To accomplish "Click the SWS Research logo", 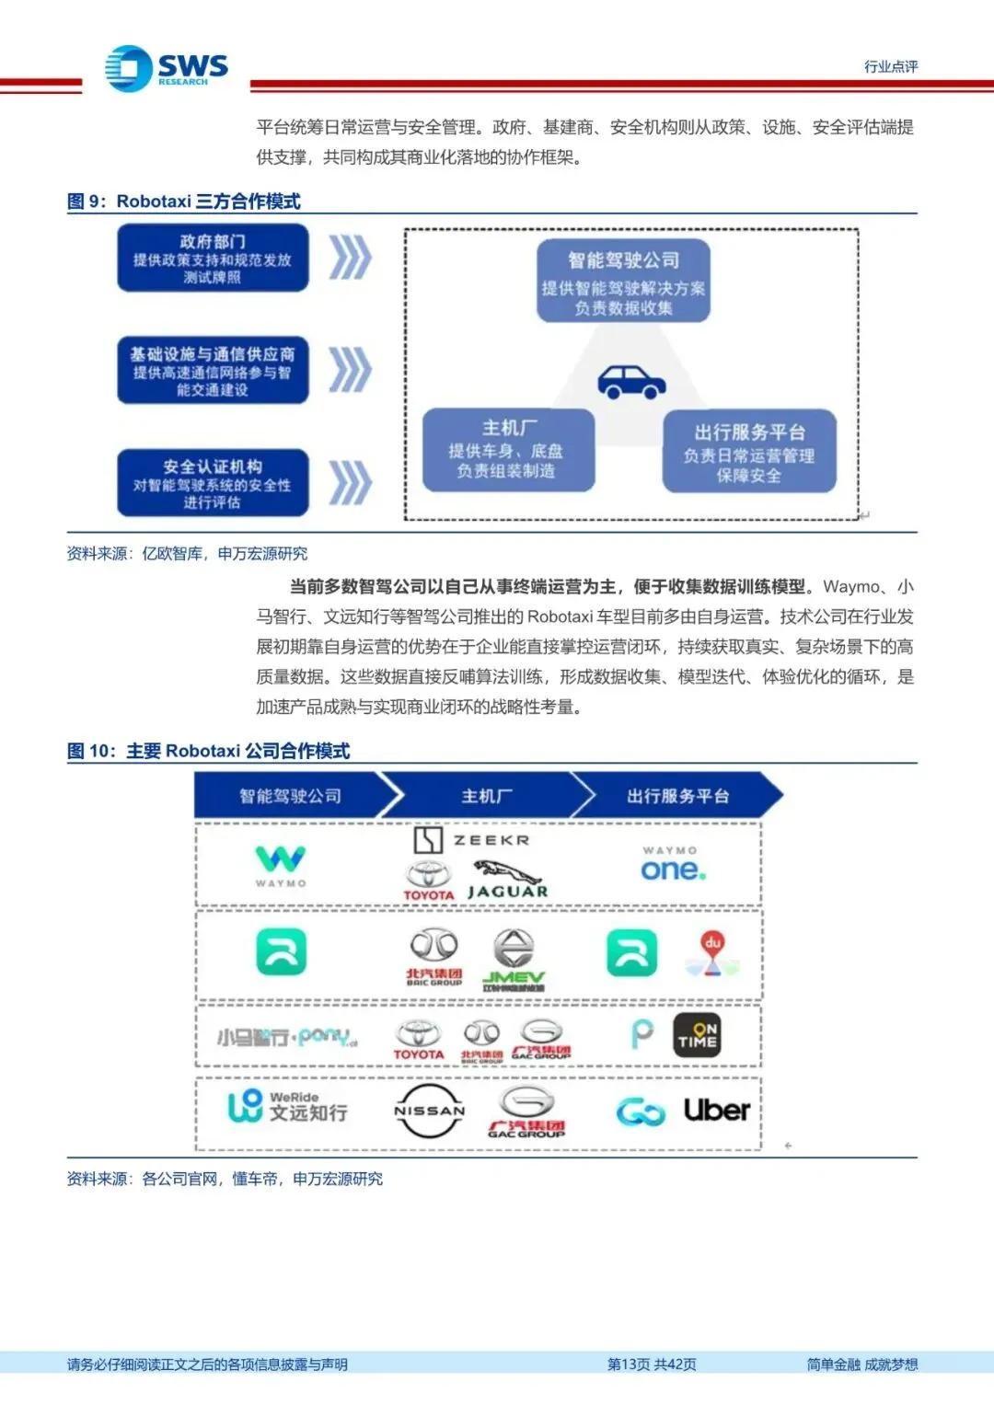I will (x=166, y=68).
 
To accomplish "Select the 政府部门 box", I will (x=213, y=258).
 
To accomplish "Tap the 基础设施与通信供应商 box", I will (x=213, y=370).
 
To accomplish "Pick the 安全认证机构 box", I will (x=213, y=482).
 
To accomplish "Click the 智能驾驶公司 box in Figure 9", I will (x=623, y=281).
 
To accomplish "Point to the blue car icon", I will (x=631, y=381).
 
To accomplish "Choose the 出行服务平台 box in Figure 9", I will (x=749, y=451).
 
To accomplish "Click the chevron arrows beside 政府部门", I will (x=351, y=257).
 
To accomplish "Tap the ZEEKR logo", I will (x=471, y=839).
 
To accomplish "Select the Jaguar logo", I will (x=507, y=881).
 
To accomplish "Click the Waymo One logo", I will (x=672, y=865).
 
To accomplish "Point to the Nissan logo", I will (x=429, y=1111).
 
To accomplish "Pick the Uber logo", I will (x=717, y=1111).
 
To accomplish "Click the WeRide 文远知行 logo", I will (x=287, y=1106).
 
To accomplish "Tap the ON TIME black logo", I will (x=697, y=1036).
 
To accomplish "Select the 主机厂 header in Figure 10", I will (x=487, y=796).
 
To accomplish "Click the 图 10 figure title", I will (x=209, y=751).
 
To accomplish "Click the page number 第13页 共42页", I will (x=652, y=1364).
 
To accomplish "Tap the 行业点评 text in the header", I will (x=890, y=66).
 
